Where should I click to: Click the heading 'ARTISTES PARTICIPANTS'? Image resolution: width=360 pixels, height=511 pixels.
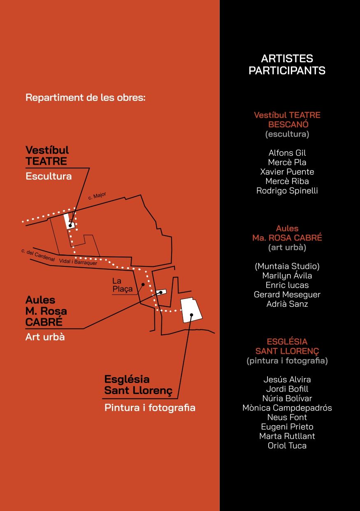coord(287,65)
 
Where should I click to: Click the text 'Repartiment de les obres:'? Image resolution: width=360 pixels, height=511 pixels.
coord(86,98)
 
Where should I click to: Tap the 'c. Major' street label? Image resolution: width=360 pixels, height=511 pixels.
coord(97,196)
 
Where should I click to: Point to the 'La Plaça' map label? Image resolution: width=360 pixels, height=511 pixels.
coord(123,285)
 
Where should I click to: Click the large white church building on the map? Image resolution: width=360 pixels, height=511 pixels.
coord(191,310)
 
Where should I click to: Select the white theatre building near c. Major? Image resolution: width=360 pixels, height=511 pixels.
coord(69,221)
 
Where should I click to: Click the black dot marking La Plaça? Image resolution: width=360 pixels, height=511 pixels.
coord(143,285)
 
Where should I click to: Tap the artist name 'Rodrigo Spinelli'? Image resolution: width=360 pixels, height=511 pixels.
coord(287,191)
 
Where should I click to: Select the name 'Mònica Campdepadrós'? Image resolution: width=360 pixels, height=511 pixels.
coord(287,408)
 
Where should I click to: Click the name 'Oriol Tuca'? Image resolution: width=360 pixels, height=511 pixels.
coord(287,446)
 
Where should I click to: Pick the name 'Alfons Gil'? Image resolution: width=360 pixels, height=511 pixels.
coord(287,153)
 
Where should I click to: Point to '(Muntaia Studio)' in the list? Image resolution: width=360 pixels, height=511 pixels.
coord(287,266)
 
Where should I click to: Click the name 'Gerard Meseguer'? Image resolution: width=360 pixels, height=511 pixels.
coord(287,294)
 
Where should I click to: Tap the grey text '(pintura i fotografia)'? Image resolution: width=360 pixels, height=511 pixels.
coord(287,361)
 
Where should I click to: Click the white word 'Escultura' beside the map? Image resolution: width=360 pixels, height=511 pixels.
coord(49,176)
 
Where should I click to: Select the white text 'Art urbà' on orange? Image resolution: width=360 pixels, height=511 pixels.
coord(45,337)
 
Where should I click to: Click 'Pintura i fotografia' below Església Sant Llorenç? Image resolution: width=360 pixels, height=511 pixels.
coord(150,408)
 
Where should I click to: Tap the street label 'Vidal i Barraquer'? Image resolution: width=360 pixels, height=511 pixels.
coord(78,262)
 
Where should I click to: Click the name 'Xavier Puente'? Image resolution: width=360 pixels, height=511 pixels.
coord(287,172)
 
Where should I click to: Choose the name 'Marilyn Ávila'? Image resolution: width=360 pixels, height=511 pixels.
coord(287,275)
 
